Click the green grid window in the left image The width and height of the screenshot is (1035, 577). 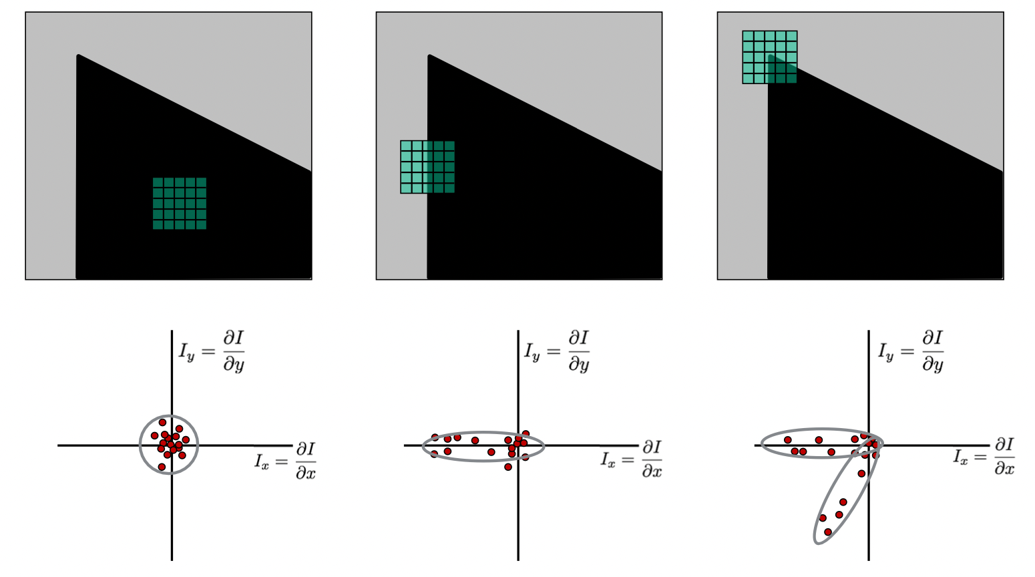179,203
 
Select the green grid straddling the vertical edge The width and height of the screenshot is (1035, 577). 427,167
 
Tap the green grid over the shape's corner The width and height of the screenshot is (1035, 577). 770,57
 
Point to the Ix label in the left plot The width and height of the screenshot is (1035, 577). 285,460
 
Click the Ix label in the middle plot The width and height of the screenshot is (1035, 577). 631,460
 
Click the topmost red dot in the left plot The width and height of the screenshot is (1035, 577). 162,423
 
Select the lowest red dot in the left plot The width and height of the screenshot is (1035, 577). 162,467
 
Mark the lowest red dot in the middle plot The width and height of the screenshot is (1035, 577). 508,467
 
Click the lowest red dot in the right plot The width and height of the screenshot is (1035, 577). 828,532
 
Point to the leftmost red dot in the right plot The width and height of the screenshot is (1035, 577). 788,440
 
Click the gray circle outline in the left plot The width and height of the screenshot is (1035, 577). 140,445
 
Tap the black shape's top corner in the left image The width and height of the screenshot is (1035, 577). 79,56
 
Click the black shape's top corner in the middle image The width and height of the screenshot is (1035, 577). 429,56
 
